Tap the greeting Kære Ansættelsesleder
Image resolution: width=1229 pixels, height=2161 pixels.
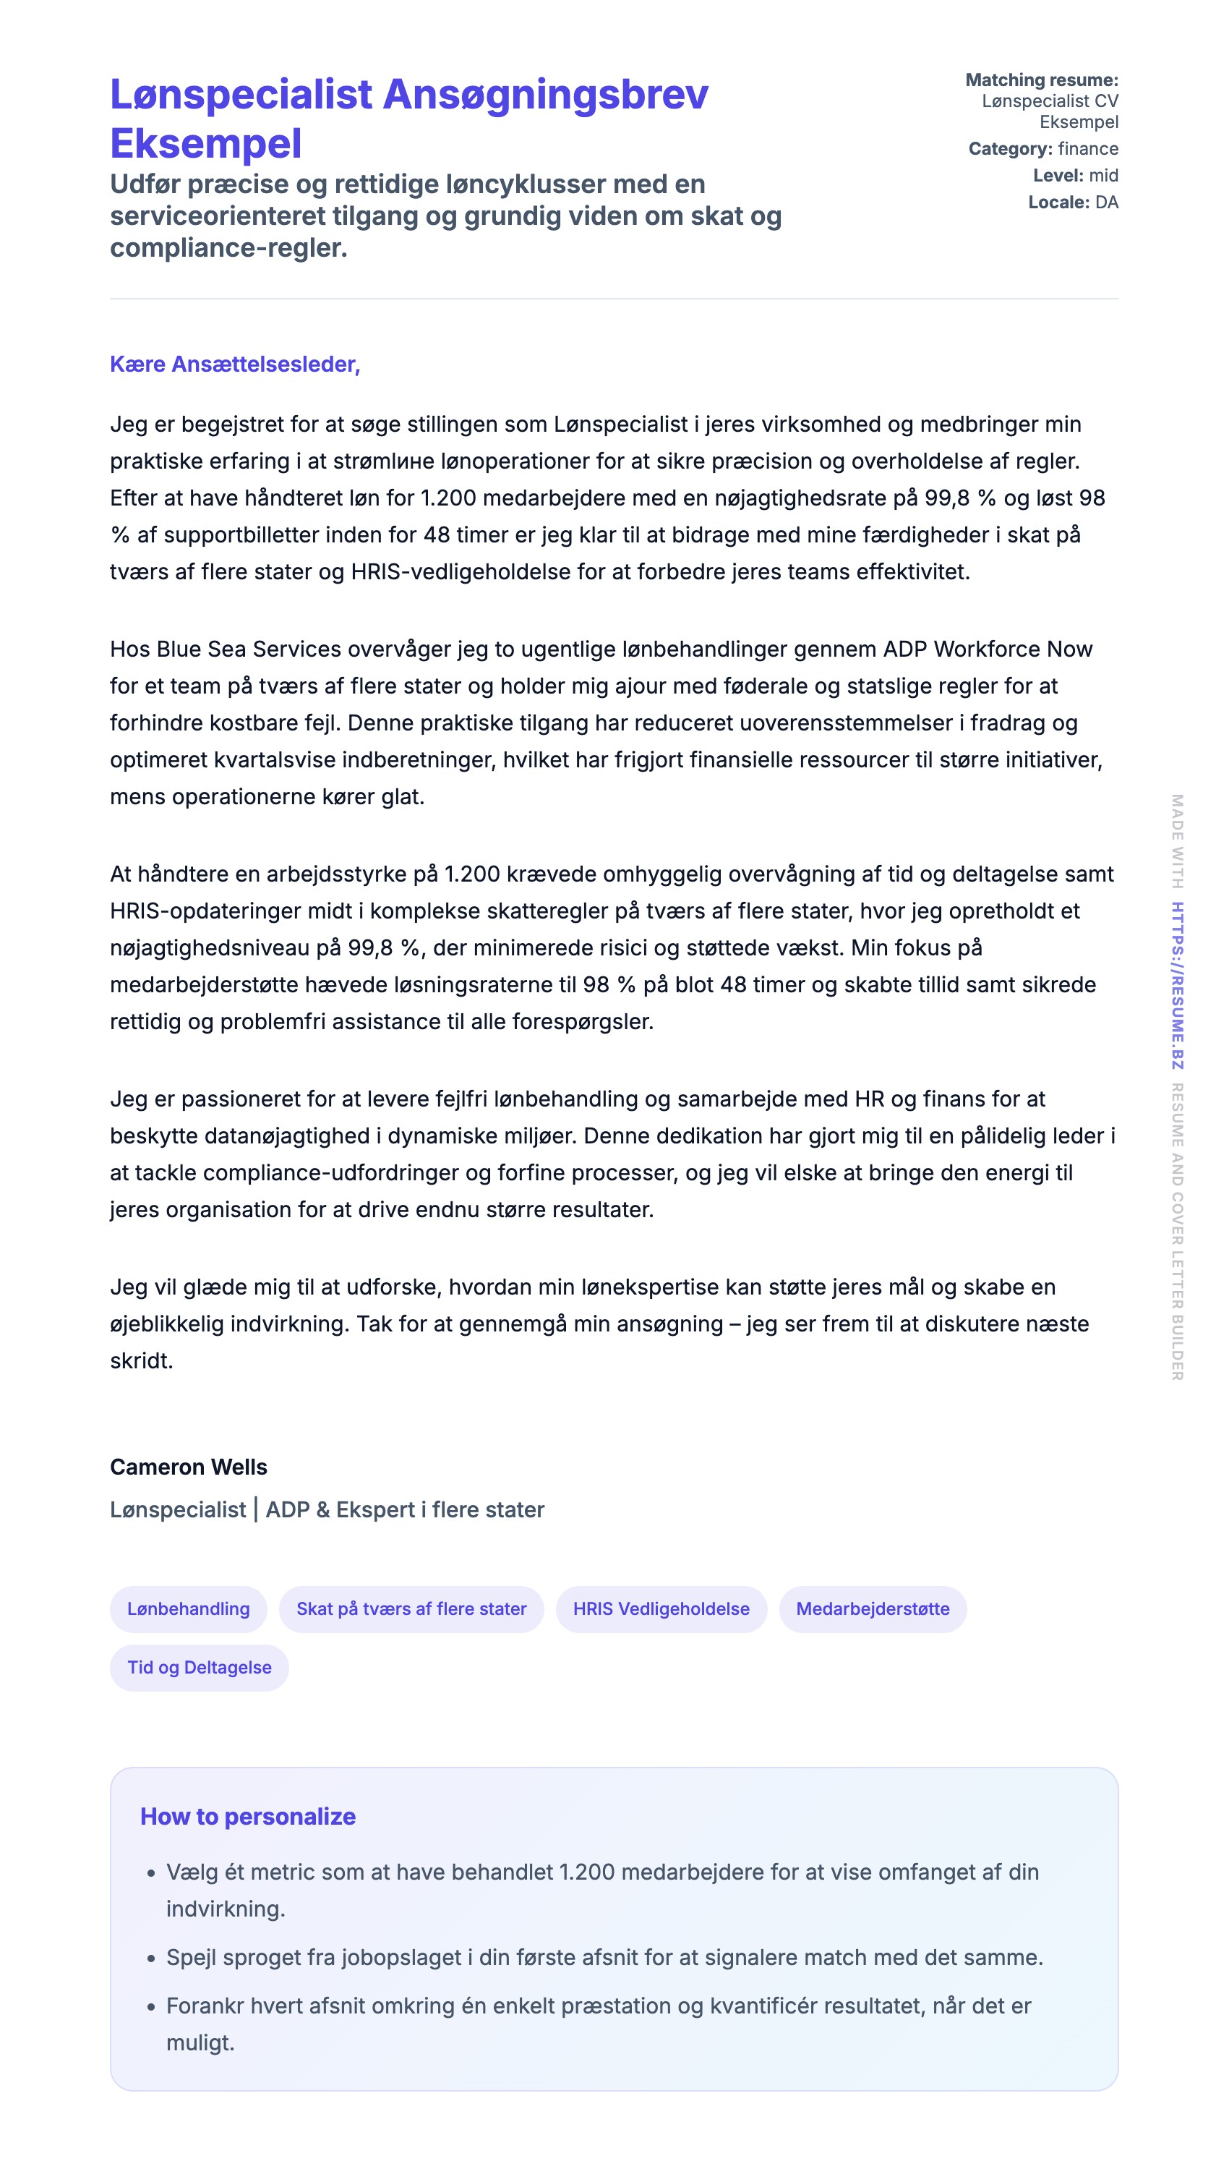(x=235, y=364)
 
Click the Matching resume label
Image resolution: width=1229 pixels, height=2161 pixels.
(x=1041, y=80)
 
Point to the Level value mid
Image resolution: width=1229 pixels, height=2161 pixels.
(x=1103, y=176)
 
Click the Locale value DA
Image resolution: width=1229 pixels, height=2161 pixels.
(x=1106, y=203)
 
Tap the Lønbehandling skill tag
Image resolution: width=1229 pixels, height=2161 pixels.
(x=188, y=1609)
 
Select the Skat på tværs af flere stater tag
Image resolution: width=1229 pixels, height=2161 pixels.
(x=411, y=1609)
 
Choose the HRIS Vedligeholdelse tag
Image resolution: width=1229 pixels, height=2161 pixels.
(x=661, y=1609)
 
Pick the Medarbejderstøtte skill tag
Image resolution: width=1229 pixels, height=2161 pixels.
(x=872, y=1609)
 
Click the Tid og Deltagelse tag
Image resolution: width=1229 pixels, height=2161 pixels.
(x=200, y=1667)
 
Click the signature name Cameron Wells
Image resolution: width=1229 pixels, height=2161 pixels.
(x=188, y=1467)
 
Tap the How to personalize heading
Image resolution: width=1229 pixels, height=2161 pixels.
(x=247, y=1817)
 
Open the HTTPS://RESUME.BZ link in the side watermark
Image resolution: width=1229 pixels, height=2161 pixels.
(x=1178, y=985)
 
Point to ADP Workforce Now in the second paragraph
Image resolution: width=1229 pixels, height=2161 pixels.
(x=988, y=649)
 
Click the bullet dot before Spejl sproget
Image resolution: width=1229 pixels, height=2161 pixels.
(x=151, y=1958)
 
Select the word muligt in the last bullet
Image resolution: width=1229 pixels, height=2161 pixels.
(x=200, y=2044)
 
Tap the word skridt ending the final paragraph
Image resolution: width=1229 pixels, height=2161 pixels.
(x=140, y=1361)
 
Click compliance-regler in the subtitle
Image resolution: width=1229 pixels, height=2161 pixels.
(x=228, y=248)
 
